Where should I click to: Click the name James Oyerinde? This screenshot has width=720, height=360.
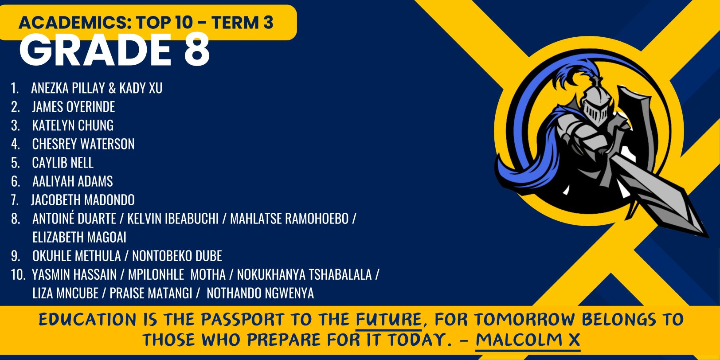73,107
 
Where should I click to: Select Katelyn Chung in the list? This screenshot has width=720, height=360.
73,125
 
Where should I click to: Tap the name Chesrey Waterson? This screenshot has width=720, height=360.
83,144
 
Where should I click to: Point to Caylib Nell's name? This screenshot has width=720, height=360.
63,163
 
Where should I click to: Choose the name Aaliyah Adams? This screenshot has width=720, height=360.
72,181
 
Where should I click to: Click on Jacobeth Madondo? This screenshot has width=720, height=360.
82,200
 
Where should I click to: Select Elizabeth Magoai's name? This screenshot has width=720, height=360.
79,237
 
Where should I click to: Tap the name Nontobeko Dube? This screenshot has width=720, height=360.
177,256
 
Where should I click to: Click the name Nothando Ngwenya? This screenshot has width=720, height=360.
260,293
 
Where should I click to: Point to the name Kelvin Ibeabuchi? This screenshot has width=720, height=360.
173,219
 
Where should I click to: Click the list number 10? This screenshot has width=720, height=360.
18,274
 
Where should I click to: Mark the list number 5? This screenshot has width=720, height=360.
16,163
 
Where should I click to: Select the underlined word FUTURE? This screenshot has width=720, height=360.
389,320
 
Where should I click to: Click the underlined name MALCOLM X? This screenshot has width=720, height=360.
528,340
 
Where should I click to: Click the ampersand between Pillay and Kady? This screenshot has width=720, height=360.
112,88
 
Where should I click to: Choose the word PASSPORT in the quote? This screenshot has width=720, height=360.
243,320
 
